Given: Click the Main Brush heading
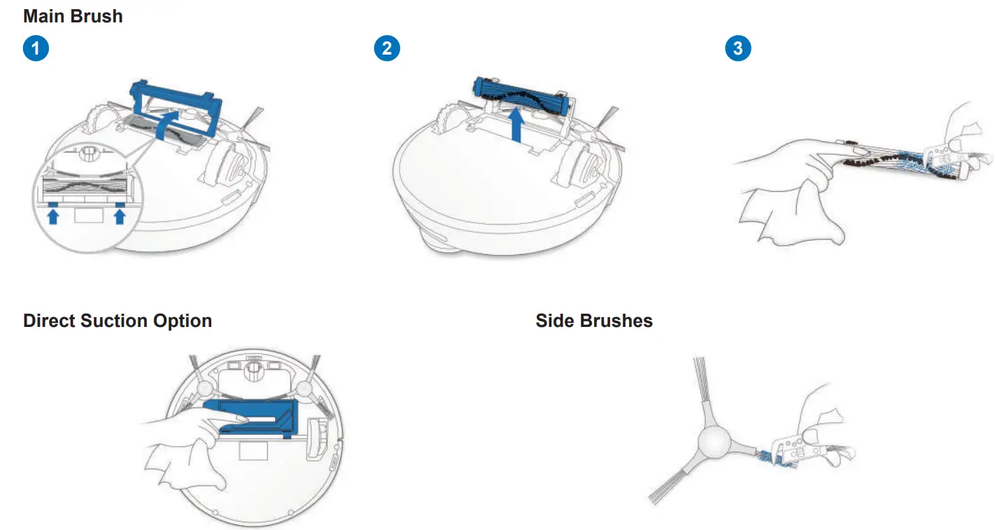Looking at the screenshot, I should pyautogui.click(x=73, y=16).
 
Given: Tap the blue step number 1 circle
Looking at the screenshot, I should pyautogui.click(x=36, y=48).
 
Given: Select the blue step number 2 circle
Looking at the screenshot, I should pyautogui.click(x=388, y=48).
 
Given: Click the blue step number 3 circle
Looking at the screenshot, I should pyautogui.click(x=738, y=48).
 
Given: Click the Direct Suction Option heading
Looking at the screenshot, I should pyautogui.click(x=118, y=321).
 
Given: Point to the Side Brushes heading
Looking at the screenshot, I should pyautogui.click(x=594, y=321).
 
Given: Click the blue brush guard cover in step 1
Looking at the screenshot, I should pyautogui.click(x=176, y=92).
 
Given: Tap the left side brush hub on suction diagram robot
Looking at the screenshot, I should pyautogui.click(x=204, y=390).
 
